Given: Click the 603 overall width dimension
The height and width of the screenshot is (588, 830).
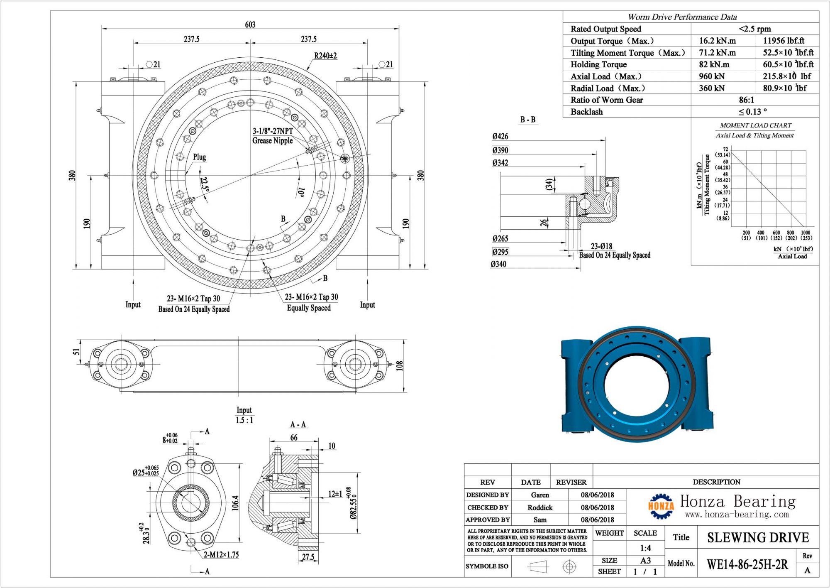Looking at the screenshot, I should [x=250, y=24].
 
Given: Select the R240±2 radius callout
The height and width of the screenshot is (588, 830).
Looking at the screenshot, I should [x=325, y=56].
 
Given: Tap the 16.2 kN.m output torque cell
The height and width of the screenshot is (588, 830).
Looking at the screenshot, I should [x=717, y=41].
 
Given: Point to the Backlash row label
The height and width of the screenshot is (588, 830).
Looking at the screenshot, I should [x=586, y=112].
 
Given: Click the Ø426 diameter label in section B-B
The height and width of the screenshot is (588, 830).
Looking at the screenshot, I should [x=500, y=136].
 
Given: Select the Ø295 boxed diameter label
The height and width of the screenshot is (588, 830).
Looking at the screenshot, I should [x=500, y=252].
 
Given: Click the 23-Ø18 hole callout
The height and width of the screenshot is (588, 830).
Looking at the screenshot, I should [x=601, y=246].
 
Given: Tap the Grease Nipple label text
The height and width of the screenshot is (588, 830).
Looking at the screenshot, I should [x=272, y=141].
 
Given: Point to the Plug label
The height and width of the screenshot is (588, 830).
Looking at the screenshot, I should [x=199, y=157].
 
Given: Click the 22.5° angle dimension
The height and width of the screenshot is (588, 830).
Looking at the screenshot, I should [x=204, y=184].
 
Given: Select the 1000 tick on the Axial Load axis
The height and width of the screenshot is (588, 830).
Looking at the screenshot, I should [x=806, y=233].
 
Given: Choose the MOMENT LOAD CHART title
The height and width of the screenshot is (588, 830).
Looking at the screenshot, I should [x=755, y=125].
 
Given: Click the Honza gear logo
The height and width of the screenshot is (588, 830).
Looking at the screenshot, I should [x=661, y=506].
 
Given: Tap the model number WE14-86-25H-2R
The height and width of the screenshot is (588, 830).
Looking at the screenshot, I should [x=747, y=564].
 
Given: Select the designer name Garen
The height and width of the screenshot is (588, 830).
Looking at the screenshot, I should [x=539, y=495].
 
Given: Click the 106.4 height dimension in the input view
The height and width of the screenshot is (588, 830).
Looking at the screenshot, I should [x=235, y=503].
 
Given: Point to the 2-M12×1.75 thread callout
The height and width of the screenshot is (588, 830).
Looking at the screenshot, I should [x=221, y=555].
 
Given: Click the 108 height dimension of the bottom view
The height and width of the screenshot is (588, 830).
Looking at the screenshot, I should [x=399, y=365].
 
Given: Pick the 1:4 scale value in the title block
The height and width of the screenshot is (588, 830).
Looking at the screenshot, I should [x=645, y=548].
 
